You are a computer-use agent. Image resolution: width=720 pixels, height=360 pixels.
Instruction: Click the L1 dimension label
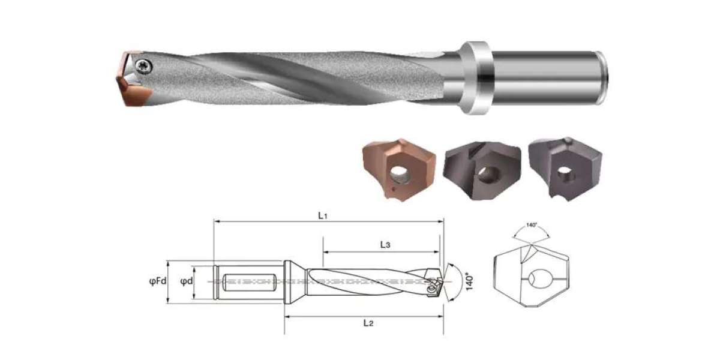pyautogui.click(x=322, y=215)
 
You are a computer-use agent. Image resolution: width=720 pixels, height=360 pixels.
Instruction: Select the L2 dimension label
pyautogui.click(x=368, y=323)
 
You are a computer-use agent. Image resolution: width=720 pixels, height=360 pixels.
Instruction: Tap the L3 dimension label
pyautogui.click(x=385, y=245)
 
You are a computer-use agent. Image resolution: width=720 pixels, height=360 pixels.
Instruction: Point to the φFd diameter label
pyautogui.click(x=158, y=281)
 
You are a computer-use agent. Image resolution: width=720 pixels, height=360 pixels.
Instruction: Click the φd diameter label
pyautogui.click(x=187, y=281)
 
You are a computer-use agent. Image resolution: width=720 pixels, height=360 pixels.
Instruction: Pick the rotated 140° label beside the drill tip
pyautogui.click(x=469, y=282)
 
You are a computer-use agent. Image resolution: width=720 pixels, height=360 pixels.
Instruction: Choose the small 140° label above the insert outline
pyautogui.click(x=532, y=225)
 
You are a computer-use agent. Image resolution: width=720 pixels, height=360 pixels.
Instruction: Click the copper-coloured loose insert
pyautogui.click(x=399, y=170)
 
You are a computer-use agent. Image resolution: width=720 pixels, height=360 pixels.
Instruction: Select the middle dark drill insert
pyautogui.click(x=482, y=170)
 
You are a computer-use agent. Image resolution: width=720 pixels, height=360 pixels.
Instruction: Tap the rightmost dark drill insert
pyautogui.click(x=565, y=169)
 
